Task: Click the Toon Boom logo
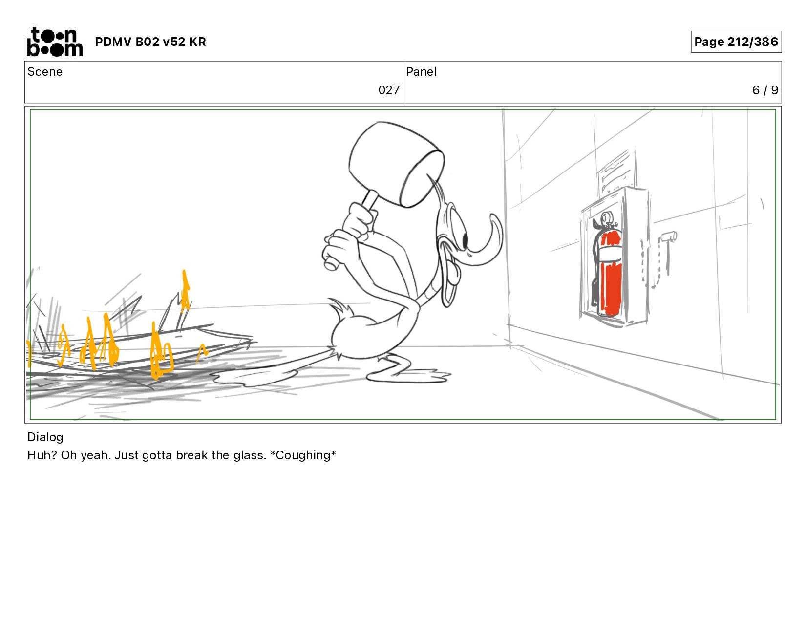point(55,42)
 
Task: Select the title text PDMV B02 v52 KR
point(150,42)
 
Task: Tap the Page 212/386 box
point(736,42)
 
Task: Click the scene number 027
point(389,90)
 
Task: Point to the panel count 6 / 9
point(765,90)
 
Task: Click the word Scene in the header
point(45,72)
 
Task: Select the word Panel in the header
point(422,72)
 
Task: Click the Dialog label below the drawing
point(45,437)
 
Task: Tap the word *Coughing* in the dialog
point(303,455)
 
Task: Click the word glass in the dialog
point(250,455)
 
